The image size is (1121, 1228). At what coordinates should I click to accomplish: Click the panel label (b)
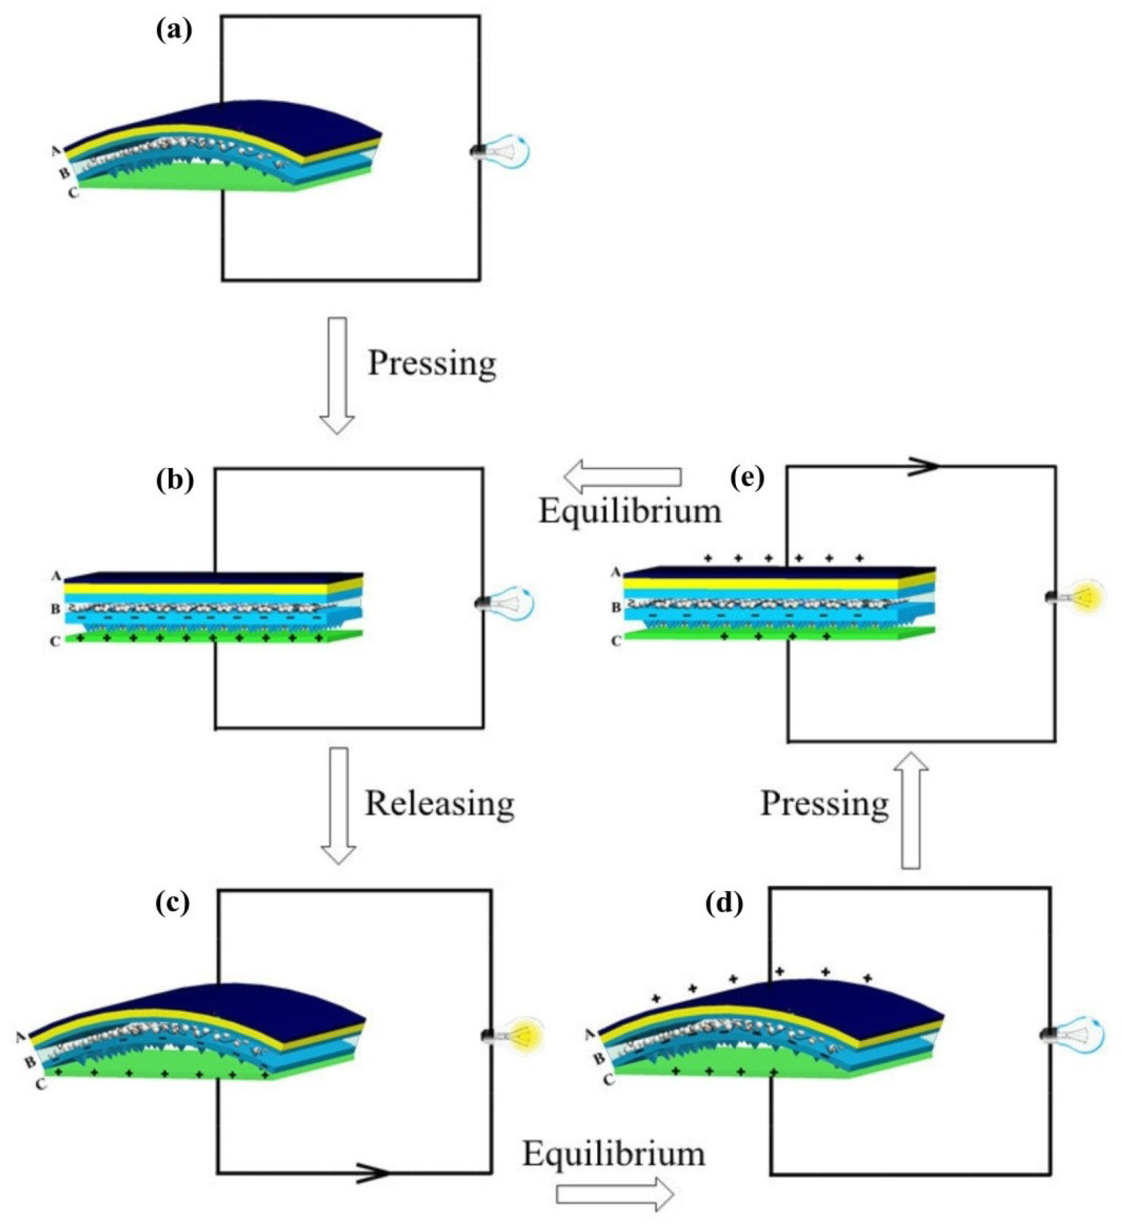(x=174, y=481)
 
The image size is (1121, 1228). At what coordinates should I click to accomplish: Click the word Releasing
(x=439, y=803)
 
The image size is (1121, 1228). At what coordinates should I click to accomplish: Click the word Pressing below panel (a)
(x=432, y=363)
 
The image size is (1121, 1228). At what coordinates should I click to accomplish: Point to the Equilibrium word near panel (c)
(x=614, y=1154)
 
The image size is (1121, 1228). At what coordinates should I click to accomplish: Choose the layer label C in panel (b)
(x=55, y=641)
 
